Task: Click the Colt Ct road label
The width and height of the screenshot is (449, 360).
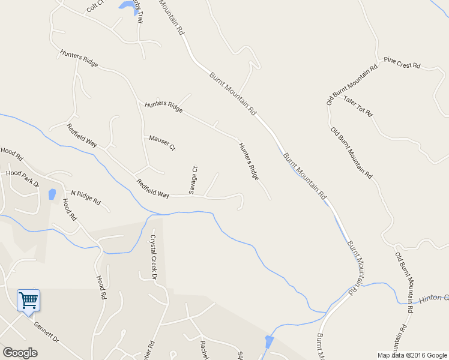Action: (x=95, y=7)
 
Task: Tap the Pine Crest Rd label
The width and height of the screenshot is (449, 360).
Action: (x=402, y=62)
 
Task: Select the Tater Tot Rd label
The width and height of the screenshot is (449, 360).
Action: (x=358, y=106)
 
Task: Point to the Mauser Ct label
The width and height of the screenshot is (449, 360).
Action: (x=162, y=142)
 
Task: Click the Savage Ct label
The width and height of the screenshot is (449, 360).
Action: (x=193, y=180)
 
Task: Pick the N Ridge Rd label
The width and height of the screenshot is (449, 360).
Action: (x=86, y=197)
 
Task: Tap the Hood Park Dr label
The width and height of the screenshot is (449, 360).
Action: (x=22, y=178)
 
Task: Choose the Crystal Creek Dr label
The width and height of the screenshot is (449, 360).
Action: (x=153, y=257)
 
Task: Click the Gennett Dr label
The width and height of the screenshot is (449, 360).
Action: (x=47, y=332)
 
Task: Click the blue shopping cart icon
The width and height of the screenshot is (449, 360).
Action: (x=28, y=299)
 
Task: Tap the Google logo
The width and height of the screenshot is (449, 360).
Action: (x=20, y=352)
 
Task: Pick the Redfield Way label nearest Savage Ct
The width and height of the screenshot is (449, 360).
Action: (x=152, y=188)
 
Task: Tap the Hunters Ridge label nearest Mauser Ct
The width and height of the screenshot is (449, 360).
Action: (x=163, y=107)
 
